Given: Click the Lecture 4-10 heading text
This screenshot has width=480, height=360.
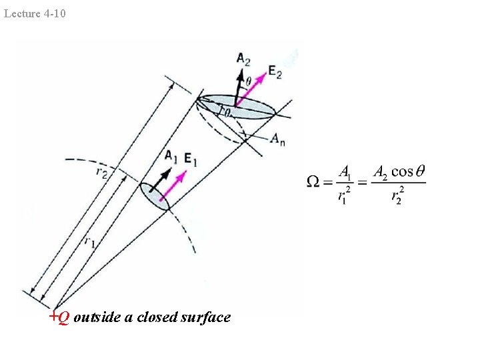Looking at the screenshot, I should pos(35,13).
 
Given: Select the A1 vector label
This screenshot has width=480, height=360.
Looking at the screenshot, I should pos(171,157).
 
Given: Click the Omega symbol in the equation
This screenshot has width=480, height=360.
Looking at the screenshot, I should pos(313,181).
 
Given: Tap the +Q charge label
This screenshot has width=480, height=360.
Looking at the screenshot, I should pos(59,317).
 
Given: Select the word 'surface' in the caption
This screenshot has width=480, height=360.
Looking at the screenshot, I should pos(205,317).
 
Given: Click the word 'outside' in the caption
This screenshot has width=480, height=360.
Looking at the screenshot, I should pos(98,317).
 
